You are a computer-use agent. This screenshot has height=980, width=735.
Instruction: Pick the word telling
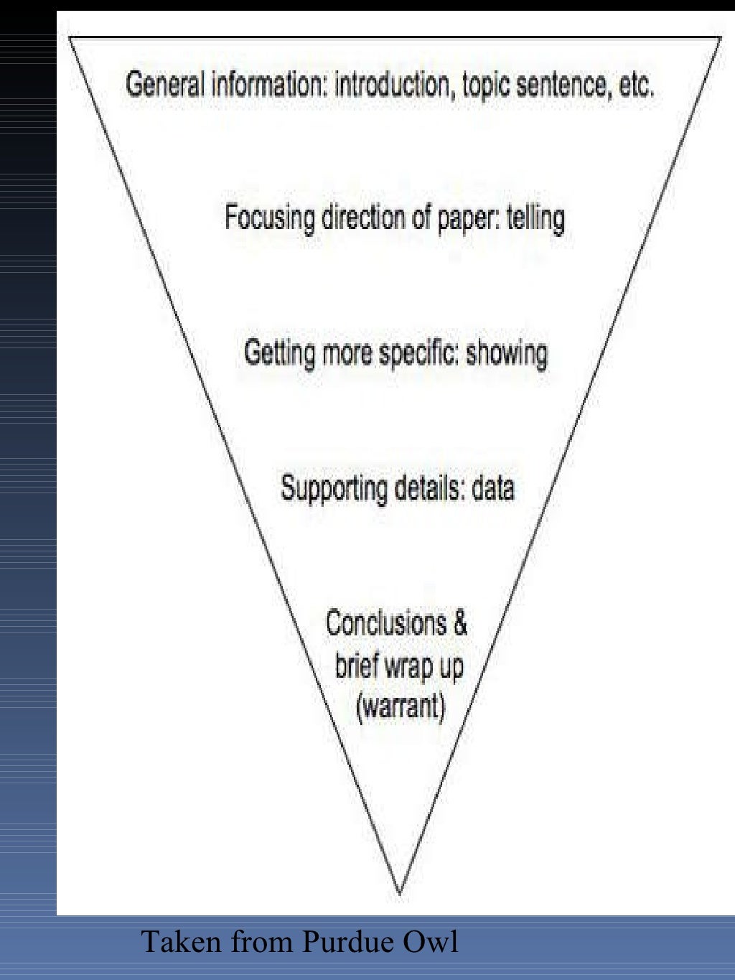point(535,218)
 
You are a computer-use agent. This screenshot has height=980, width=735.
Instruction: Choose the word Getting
point(279,353)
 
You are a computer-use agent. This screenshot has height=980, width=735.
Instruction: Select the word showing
point(507,353)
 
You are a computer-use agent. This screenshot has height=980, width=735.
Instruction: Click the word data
point(493,488)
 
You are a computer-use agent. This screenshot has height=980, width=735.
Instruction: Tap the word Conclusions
point(386,622)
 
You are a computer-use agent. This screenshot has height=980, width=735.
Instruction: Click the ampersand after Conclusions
point(459,622)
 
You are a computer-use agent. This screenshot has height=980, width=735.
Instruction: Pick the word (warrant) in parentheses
point(401,706)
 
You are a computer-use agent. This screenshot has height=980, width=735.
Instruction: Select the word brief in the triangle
point(357,665)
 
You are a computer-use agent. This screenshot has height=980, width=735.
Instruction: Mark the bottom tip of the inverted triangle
point(400,893)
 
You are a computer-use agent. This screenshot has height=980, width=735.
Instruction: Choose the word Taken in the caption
point(182,942)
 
